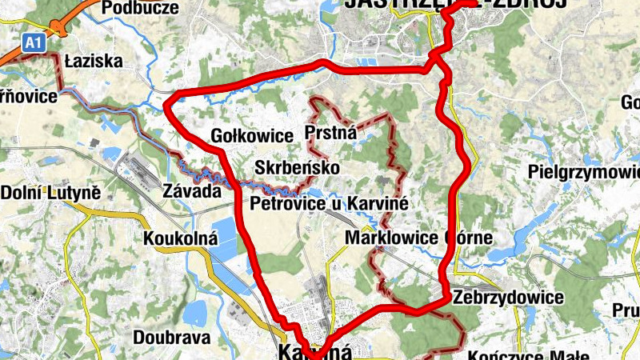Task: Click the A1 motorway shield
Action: pos(31,43)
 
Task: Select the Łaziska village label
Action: pos(93,61)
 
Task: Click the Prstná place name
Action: pos(330,133)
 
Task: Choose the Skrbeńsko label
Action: pos(297,168)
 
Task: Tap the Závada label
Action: pos(191,192)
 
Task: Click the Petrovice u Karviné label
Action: pos(330,204)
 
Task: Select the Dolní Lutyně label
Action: pos(50,193)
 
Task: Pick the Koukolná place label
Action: pos(180,238)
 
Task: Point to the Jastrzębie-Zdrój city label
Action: pos(456,4)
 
